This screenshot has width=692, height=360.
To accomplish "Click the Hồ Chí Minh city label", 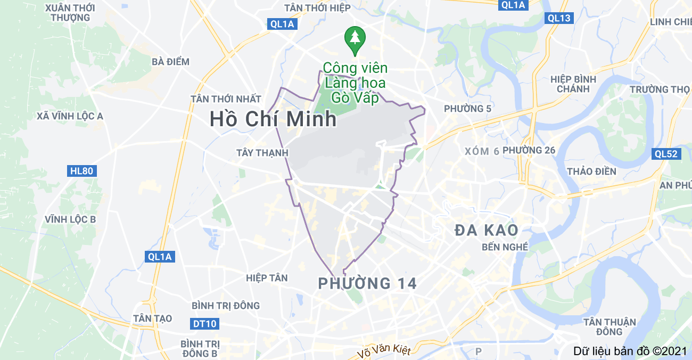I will tap(273, 119).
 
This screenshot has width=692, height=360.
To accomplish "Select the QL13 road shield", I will tap(559, 18).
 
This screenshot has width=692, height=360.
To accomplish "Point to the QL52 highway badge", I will tap(666, 154).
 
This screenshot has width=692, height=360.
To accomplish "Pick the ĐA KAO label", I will tap(487, 230).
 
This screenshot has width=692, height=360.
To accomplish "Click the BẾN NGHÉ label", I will tap(505, 247).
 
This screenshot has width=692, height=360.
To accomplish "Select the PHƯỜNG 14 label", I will tap(367, 283).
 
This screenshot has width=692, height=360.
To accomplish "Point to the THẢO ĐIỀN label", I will tap(591, 171).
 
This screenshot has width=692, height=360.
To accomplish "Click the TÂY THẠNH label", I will tap(262, 153).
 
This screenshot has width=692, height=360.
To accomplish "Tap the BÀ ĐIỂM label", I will tap(170, 62).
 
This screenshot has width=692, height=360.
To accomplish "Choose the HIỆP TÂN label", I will tap(267, 278).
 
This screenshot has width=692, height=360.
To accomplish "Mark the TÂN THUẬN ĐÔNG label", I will tap(609, 327).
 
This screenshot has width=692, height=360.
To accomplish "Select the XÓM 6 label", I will tap(482, 151).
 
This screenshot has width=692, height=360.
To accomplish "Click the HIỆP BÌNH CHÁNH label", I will tap(573, 84).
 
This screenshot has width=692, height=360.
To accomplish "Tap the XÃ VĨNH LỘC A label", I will tap(70, 116).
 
